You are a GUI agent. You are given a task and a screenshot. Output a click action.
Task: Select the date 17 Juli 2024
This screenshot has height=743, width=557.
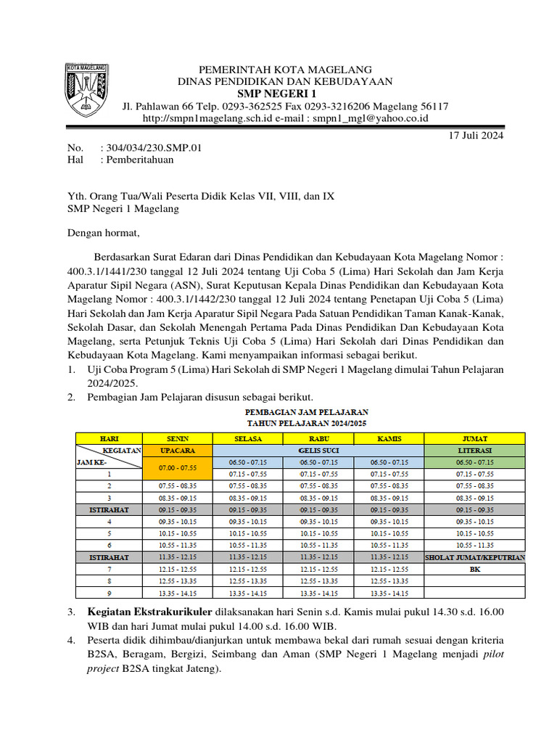476,135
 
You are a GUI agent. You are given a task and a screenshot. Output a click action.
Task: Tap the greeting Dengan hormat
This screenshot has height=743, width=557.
103,233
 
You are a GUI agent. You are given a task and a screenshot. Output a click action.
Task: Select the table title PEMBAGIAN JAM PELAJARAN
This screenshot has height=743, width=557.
307,411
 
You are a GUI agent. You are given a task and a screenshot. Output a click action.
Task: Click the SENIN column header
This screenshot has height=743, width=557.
178,439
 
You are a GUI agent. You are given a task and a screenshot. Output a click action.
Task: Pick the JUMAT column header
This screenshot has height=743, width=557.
474,439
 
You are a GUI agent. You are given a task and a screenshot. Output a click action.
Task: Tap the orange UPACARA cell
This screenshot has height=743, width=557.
178,451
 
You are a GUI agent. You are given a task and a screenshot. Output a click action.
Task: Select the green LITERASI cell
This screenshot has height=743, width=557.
474,451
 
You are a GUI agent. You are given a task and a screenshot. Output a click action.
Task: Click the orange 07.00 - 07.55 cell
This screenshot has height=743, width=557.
178,468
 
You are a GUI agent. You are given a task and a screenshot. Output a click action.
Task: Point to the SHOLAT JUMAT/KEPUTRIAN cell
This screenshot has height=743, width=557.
474,557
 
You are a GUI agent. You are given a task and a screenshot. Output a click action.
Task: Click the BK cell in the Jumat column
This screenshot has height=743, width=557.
474,570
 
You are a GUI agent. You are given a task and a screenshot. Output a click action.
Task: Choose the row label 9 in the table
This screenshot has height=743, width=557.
109,593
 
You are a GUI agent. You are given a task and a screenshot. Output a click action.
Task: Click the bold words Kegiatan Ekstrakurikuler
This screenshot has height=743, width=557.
149,612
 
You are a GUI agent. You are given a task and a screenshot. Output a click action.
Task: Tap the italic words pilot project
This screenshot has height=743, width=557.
482,655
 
